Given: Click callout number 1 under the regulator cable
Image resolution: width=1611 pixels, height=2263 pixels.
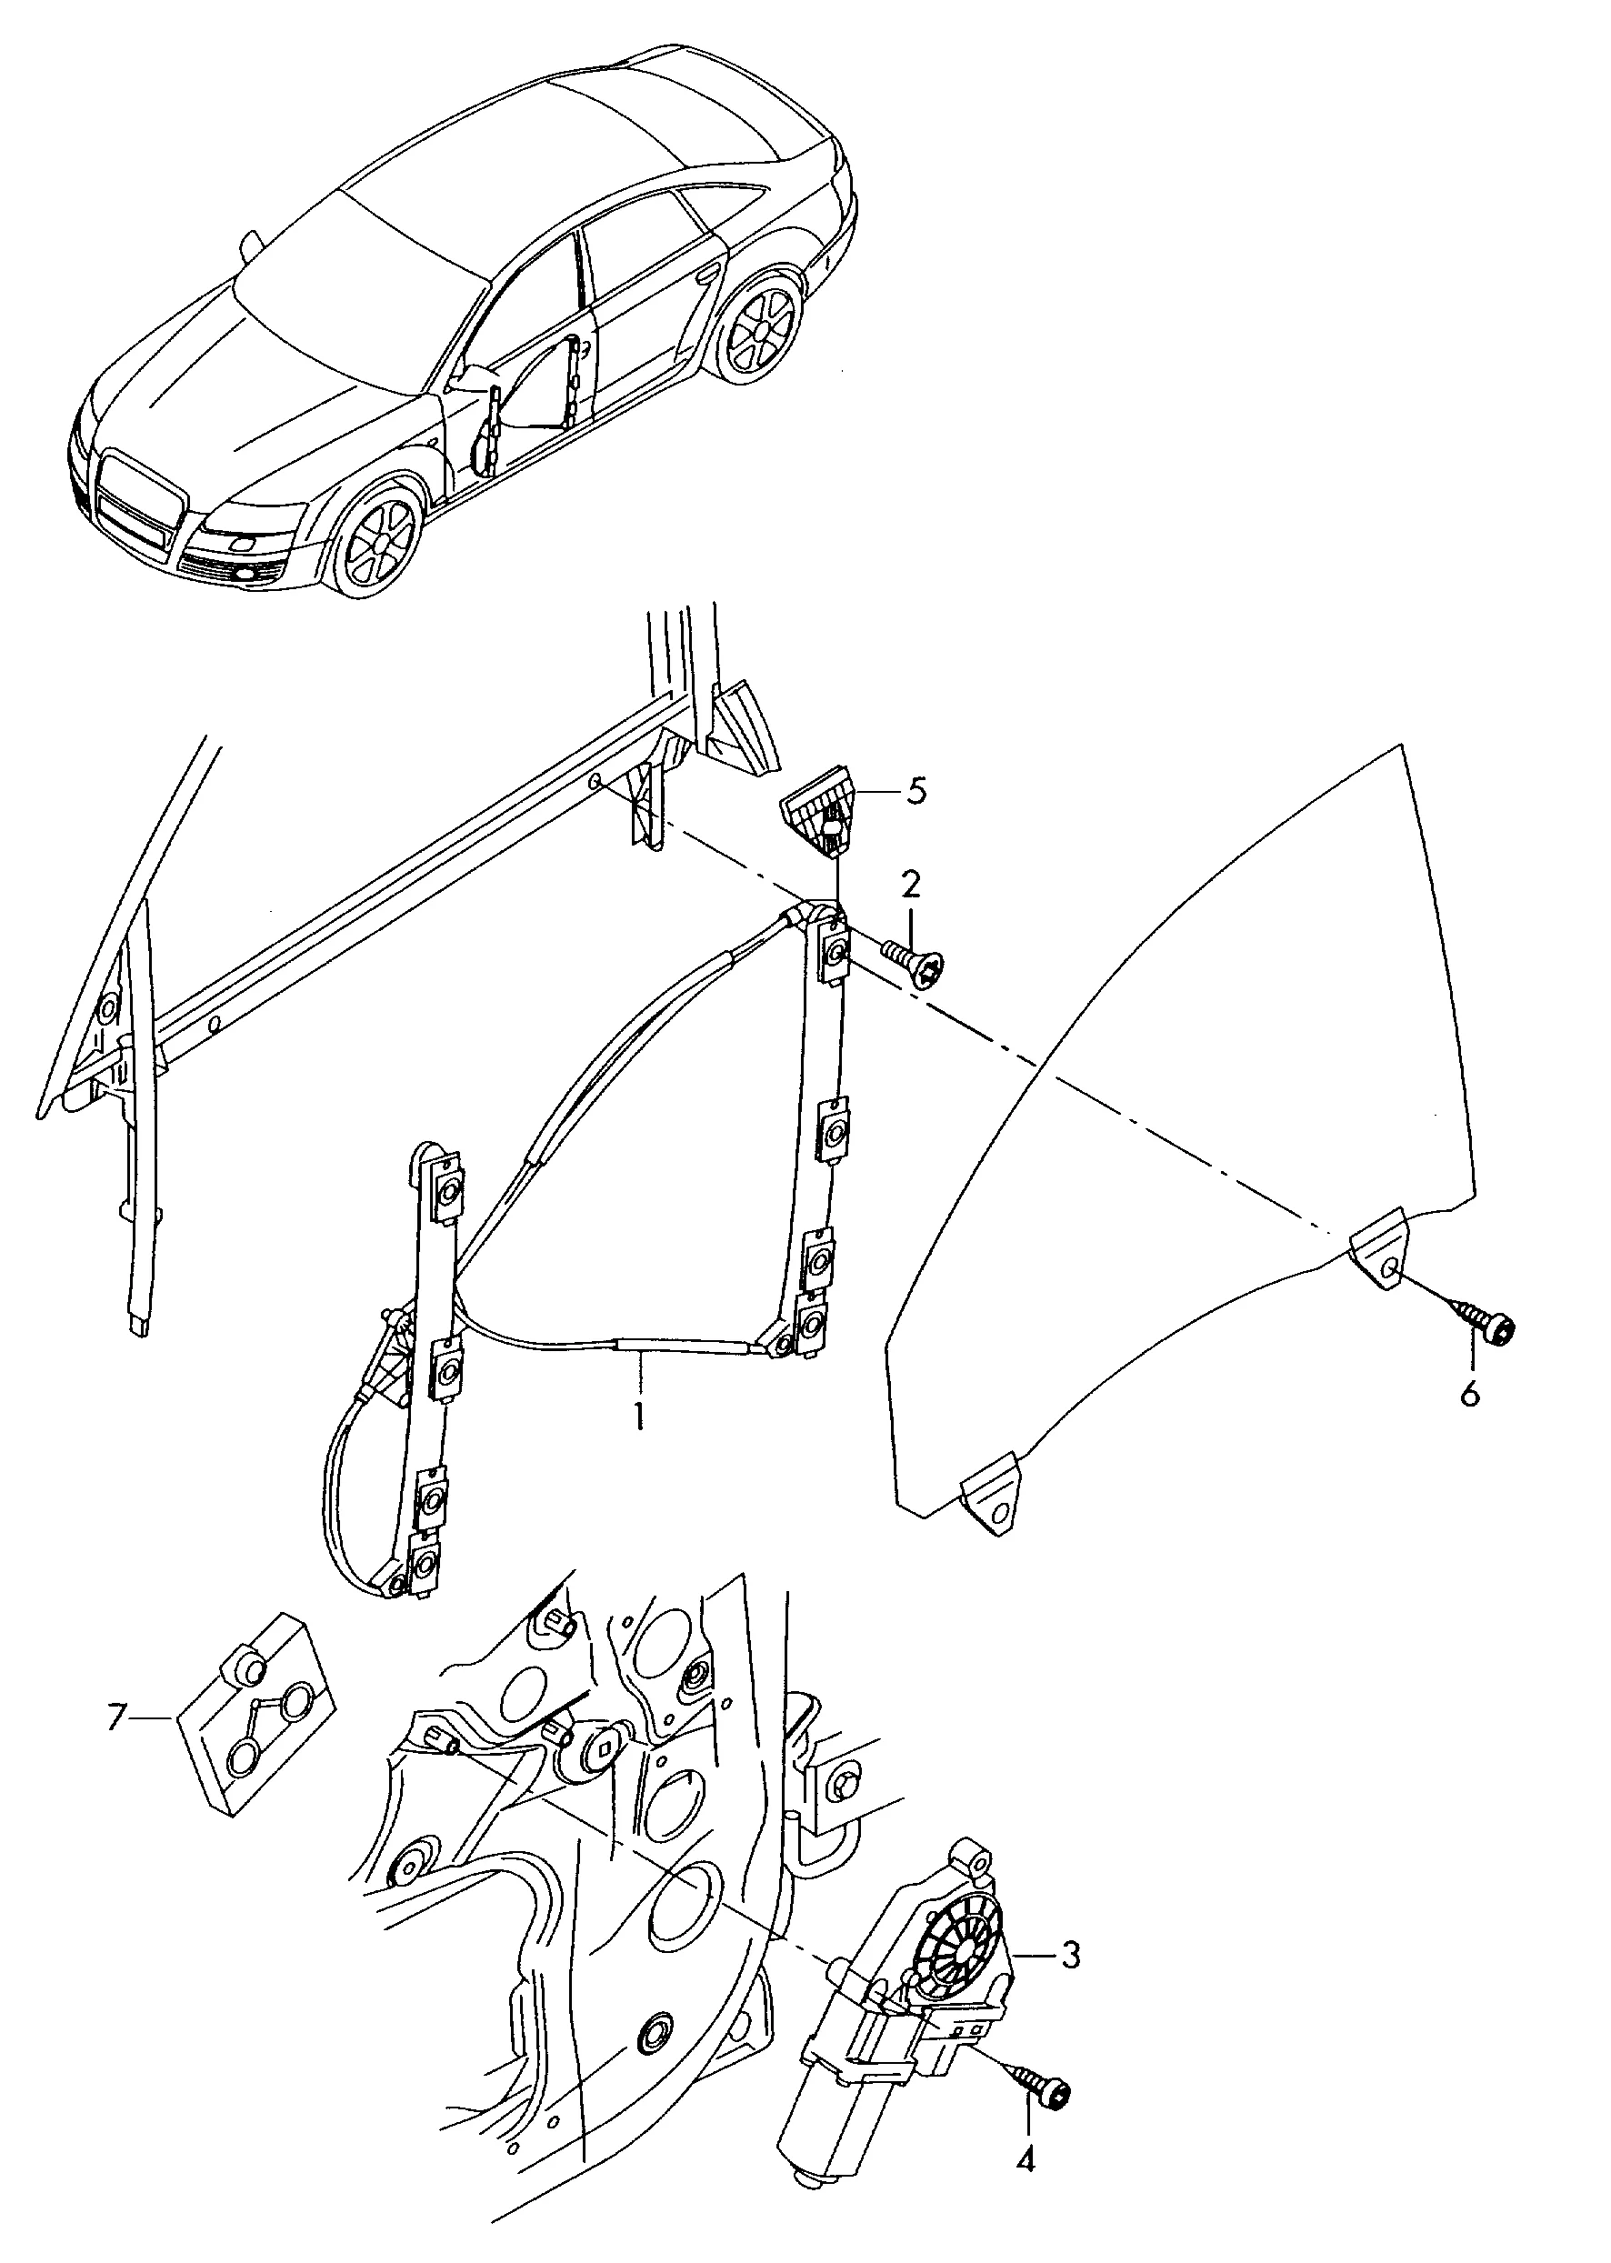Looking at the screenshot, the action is click(639, 1416).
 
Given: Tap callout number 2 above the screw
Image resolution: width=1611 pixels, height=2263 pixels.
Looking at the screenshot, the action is click(910, 882).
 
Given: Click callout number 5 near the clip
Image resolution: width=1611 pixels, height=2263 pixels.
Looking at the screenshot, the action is click(916, 793).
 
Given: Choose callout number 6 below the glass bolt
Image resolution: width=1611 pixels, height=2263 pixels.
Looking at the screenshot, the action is click(1469, 1393).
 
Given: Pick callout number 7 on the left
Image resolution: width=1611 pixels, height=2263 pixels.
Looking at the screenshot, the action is click(118, 1717).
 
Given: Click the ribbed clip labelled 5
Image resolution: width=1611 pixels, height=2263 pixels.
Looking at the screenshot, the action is click(821, 805).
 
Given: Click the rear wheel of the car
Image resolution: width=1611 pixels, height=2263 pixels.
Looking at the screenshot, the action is click(763, 330).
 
